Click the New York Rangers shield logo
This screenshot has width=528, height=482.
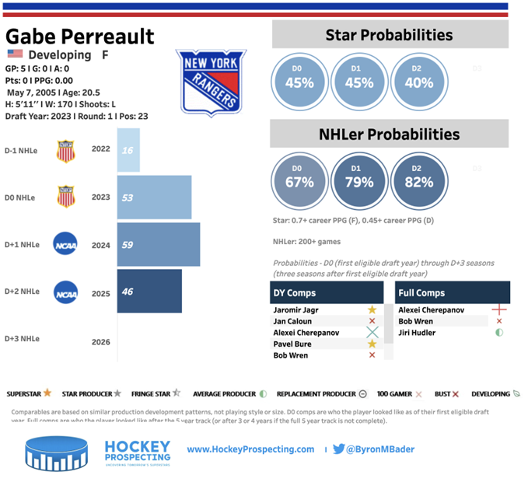tap(211, 83)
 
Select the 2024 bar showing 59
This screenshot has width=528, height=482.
tap(159, 245)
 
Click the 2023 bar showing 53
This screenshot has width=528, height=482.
tap(154, 197)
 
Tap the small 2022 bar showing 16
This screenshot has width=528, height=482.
tap(128, 150)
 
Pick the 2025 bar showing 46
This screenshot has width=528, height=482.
tap(149, 292)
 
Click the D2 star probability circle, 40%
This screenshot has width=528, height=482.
tap(418, 82)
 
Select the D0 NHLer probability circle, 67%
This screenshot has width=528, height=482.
tap(299, 182)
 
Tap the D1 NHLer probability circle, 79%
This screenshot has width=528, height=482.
tap(358, 182)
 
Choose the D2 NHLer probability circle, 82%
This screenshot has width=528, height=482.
tap(418, 182)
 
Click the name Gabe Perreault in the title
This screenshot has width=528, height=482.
tap(80, 37)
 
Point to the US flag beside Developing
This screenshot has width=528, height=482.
tap(15, 54)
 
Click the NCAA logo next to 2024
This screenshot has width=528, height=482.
tap(65, 244)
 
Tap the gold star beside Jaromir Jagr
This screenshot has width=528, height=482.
tap(372, 309)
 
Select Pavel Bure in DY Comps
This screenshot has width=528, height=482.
tap(293, 344)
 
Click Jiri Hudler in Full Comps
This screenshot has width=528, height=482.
tap(418, 332)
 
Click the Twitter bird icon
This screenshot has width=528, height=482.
tap(339, 449)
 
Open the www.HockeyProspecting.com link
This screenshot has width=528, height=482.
tap(250, 449)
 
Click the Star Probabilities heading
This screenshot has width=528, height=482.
tap(389, 35)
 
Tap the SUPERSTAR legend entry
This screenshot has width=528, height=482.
tap(30, 393)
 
